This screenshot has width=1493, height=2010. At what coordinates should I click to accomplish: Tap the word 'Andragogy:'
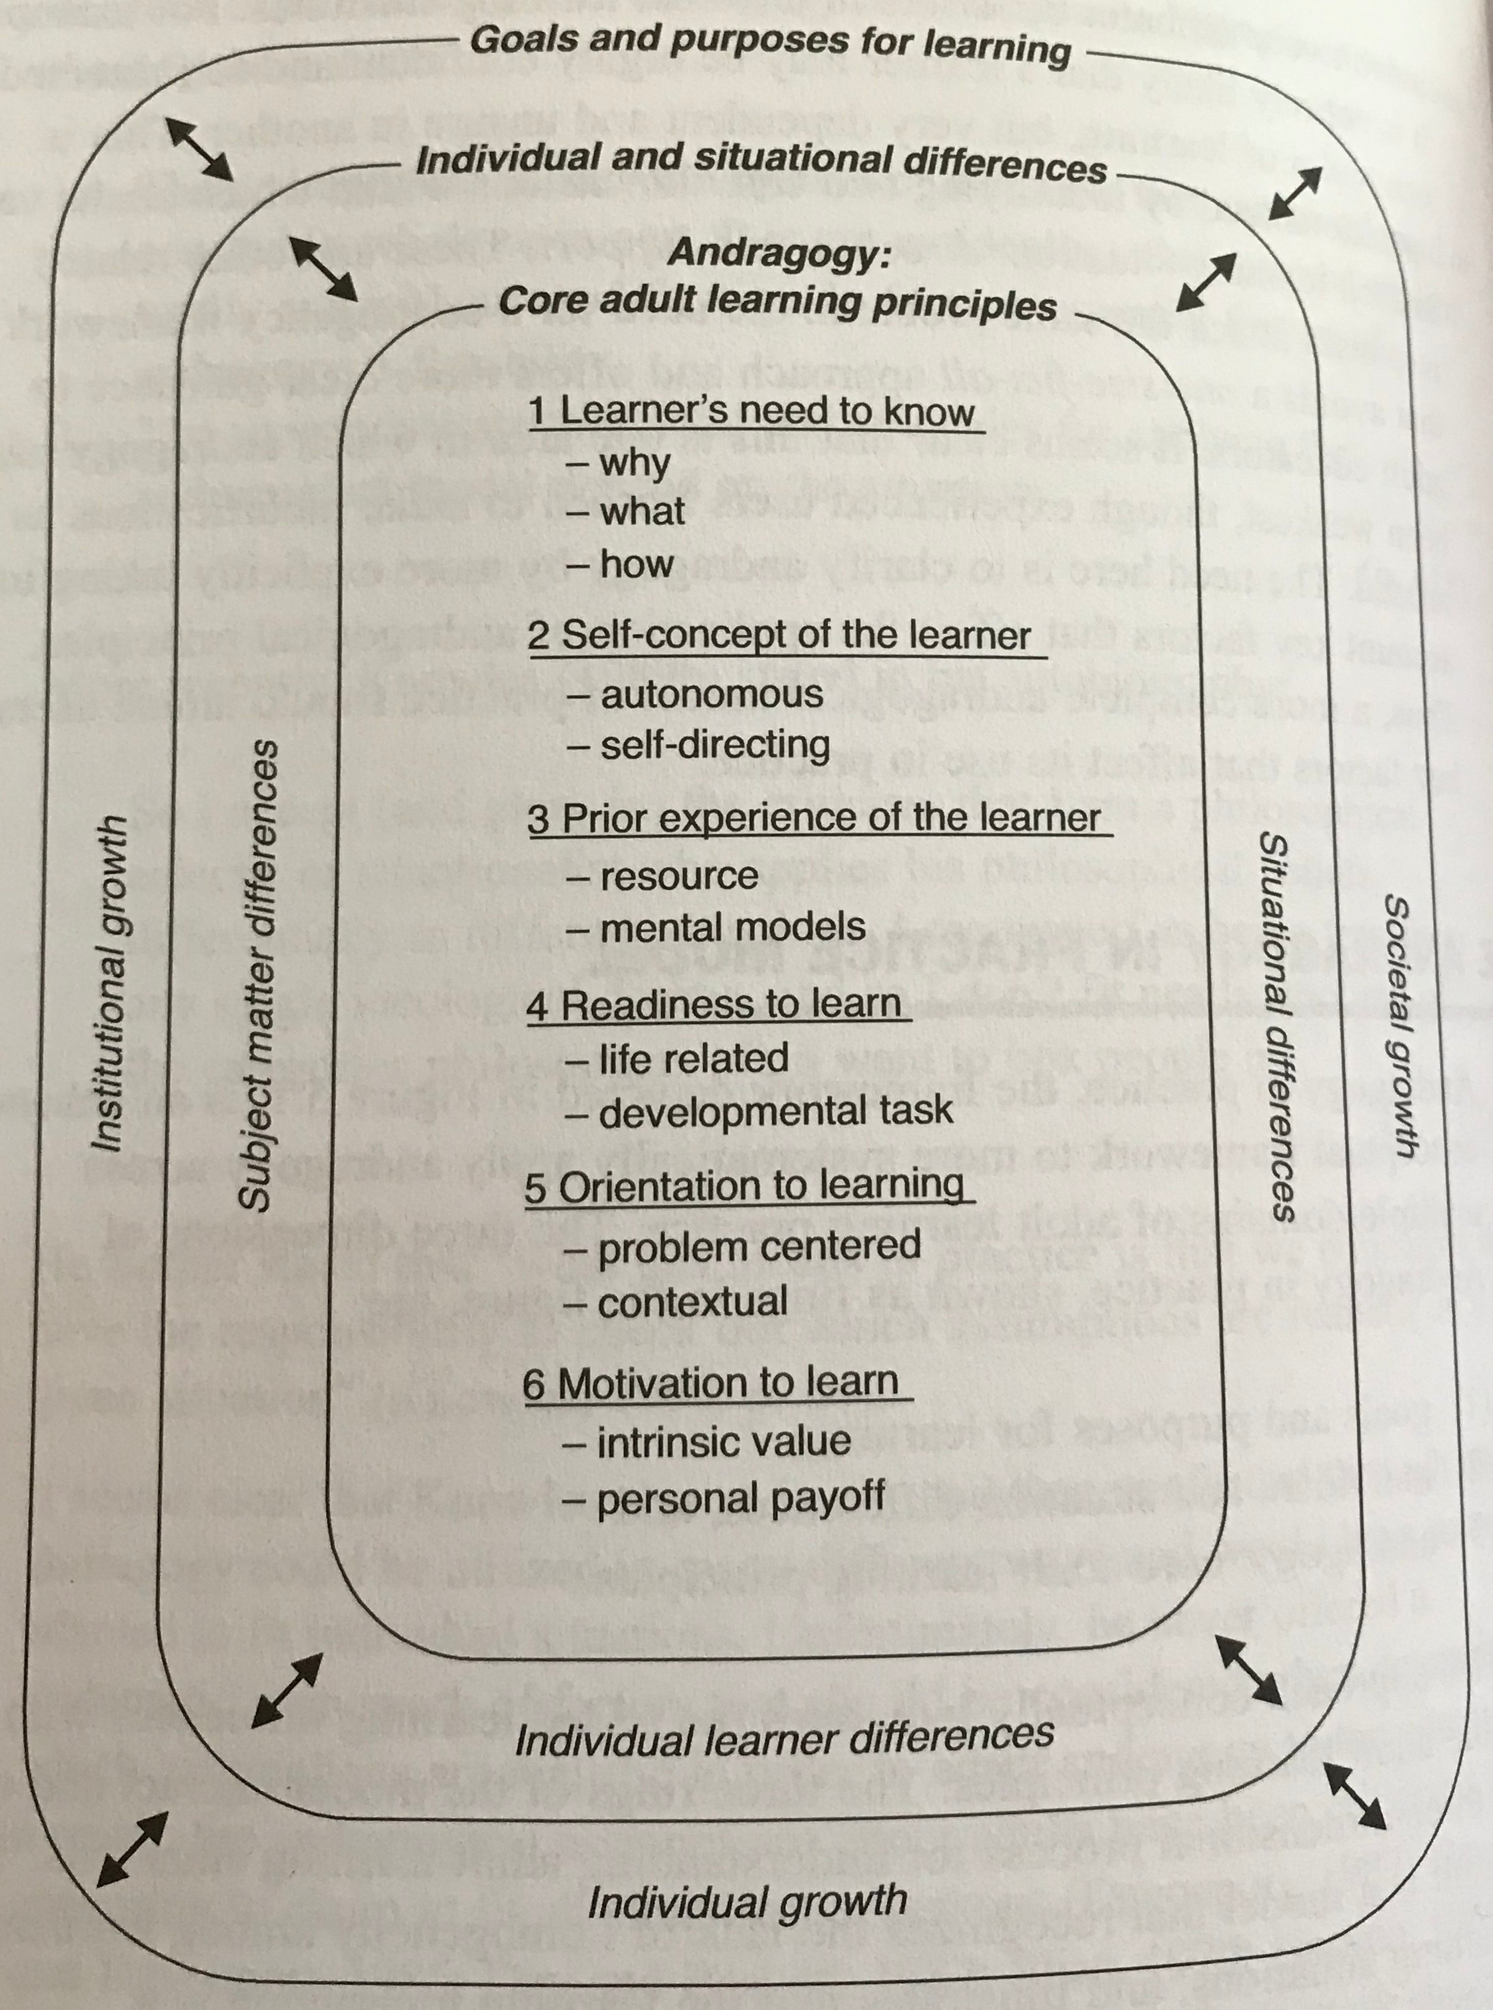[x=779, y=254]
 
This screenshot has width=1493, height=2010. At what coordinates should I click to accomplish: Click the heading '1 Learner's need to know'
[x=752, y=412]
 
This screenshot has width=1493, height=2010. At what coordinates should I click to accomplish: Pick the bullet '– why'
[x=619, y=463]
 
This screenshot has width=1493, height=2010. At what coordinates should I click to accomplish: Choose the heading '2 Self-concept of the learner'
[x=779, y=635]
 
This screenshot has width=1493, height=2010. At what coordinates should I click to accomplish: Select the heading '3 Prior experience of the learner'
[x=815, y=819]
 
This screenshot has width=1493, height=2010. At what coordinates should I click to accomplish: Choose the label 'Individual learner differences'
[x=784, y=1737]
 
